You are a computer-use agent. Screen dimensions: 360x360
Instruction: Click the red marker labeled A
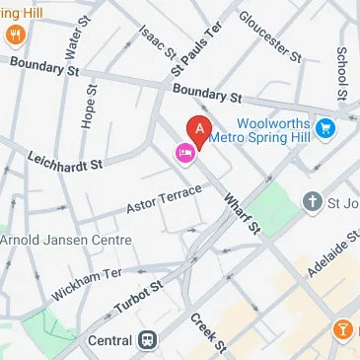(199, 130)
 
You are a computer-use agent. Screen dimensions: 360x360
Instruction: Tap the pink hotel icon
(183, 152)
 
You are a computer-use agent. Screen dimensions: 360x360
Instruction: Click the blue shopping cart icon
(324, 127)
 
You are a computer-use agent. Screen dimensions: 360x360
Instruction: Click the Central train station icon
(146, 340)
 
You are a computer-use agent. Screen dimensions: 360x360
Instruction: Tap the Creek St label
(208, 331)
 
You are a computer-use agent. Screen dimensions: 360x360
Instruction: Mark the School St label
(342, 65)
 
